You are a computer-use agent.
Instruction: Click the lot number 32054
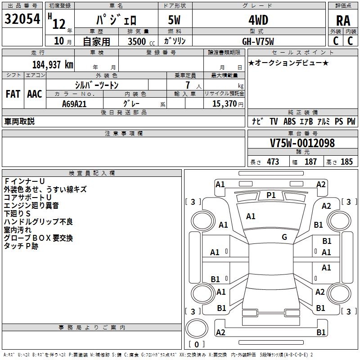[22, 19]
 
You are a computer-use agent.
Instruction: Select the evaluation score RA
[343, 21]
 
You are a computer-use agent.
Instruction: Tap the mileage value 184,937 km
[53, 65]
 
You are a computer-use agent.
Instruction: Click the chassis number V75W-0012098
[302, 143]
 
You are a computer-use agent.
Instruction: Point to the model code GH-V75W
[258, 41]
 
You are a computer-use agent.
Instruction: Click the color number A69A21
[74, 104]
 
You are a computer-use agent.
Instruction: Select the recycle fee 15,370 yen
[228, 104]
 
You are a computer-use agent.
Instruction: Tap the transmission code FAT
[13, 94]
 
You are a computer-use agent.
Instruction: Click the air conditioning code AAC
[35, 94]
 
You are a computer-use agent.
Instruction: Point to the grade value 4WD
[258, 20]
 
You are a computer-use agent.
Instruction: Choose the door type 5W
[174, 20]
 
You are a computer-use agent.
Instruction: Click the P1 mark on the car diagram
[271, 195]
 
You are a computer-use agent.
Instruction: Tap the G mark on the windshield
[284, 237]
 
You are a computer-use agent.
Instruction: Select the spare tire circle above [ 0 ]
[197, 328]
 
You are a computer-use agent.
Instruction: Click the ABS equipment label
[289, 121]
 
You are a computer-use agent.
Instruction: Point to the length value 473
[273, 162]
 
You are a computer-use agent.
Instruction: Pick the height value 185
[346, 162]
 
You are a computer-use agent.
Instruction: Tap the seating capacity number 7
[188, 85]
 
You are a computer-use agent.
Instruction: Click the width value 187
[310, 162]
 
